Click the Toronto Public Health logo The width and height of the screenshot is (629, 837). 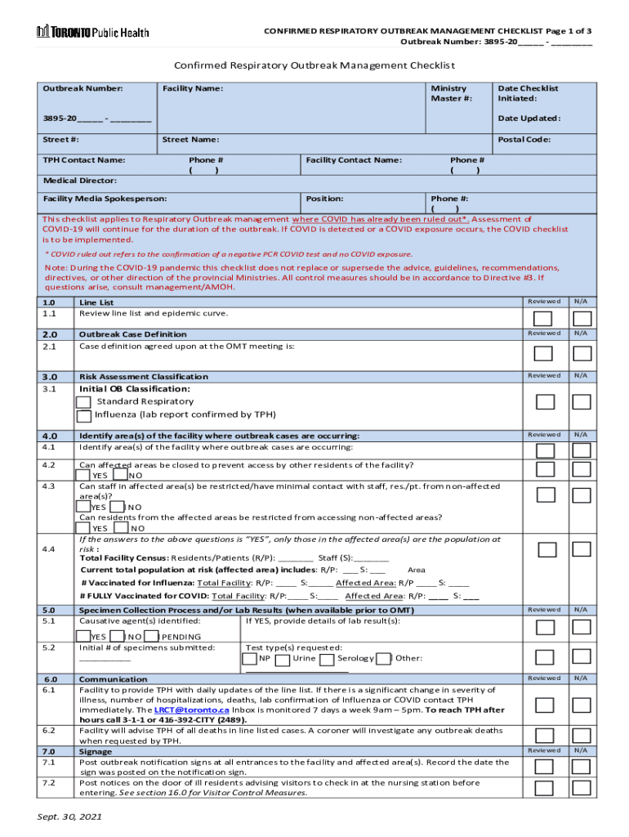coord(92,32)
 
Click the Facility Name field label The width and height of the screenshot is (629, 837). coord(193,88)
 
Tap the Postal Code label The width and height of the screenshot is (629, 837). coord(524,140)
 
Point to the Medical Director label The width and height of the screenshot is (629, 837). coord(79,180)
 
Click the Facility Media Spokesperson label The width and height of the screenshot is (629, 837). coord(105,199)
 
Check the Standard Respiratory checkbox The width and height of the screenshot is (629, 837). coord(83,402)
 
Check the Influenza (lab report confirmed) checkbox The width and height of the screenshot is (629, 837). coord(83,415)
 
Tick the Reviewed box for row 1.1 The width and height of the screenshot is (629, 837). coord(543,319)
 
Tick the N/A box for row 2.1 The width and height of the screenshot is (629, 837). coord(582,353)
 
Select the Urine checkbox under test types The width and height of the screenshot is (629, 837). coord(283,659)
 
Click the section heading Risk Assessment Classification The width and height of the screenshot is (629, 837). coord(143,377)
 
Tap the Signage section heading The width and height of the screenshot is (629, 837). coord(96,751)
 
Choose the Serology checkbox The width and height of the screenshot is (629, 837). coord(327,659)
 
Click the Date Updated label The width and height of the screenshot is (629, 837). coord(529,119)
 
